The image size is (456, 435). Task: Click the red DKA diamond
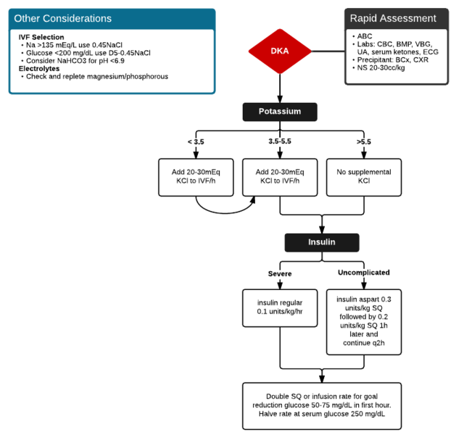[x=280, y=50]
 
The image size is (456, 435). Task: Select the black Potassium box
[x=280, y=112]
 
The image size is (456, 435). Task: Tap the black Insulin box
[x=321, y=241]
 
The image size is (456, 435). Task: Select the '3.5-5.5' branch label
[x=280, y=141]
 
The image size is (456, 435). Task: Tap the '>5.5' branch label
[x=363, y=141]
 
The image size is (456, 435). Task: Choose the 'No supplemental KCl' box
[x=364, y=177]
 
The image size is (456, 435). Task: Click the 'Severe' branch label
[x=280, y=273]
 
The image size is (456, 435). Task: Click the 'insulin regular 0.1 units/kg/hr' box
[x=280, y=307]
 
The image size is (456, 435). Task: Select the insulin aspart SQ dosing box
[x=363, y=320]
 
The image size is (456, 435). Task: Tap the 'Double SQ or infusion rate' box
[x=321, y=403]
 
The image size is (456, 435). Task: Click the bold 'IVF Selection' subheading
[x=41, y=36]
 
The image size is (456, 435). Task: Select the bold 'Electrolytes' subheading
[x=39, y=68]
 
